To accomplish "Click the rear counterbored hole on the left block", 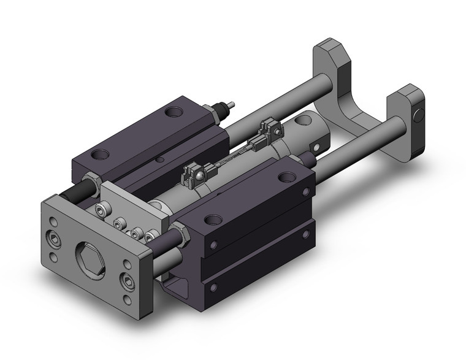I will pos(175,112).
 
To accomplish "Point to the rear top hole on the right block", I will pos(285,178).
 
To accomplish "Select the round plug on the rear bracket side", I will pos(419,115).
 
